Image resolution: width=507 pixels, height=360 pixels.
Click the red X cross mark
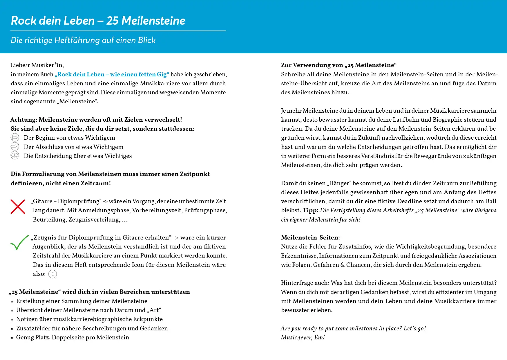click(x=18, y=207)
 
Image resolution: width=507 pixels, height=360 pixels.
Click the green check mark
click(x=19, y=242)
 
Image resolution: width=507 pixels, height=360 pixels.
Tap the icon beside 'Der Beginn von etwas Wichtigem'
click(x=15, y=137)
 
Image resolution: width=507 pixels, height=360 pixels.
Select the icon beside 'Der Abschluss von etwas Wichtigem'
click(x=15, y=147)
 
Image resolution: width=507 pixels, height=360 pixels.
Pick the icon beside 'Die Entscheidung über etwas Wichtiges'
click(x=15, y=156)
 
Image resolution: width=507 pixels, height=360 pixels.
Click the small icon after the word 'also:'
click(x=52, y=274)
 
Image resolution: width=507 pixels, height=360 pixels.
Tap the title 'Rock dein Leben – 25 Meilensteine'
click(x=98, y=21)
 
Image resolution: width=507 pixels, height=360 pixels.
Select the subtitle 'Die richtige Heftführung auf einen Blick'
click(x=83, y=40)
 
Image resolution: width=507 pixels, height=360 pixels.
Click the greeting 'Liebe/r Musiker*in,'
click(x=37, y=65)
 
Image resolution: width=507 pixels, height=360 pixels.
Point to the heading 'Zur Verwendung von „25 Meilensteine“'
click(x=338, y=65)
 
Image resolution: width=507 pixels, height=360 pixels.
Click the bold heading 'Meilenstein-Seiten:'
click(x=310, y=237)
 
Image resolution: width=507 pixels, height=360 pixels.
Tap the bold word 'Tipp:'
click(x=310, y=210)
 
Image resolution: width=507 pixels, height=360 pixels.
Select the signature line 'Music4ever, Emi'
click(x=303, y=337)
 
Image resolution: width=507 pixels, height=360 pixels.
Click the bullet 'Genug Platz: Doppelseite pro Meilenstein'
click(x=73, y=337)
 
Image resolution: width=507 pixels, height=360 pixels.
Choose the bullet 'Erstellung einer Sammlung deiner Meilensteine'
click(x=82, y=301)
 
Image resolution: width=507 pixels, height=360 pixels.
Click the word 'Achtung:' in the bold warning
click(x=24, y=120)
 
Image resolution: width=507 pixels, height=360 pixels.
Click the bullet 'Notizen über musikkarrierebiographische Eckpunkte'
click(x=89, y=319)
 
